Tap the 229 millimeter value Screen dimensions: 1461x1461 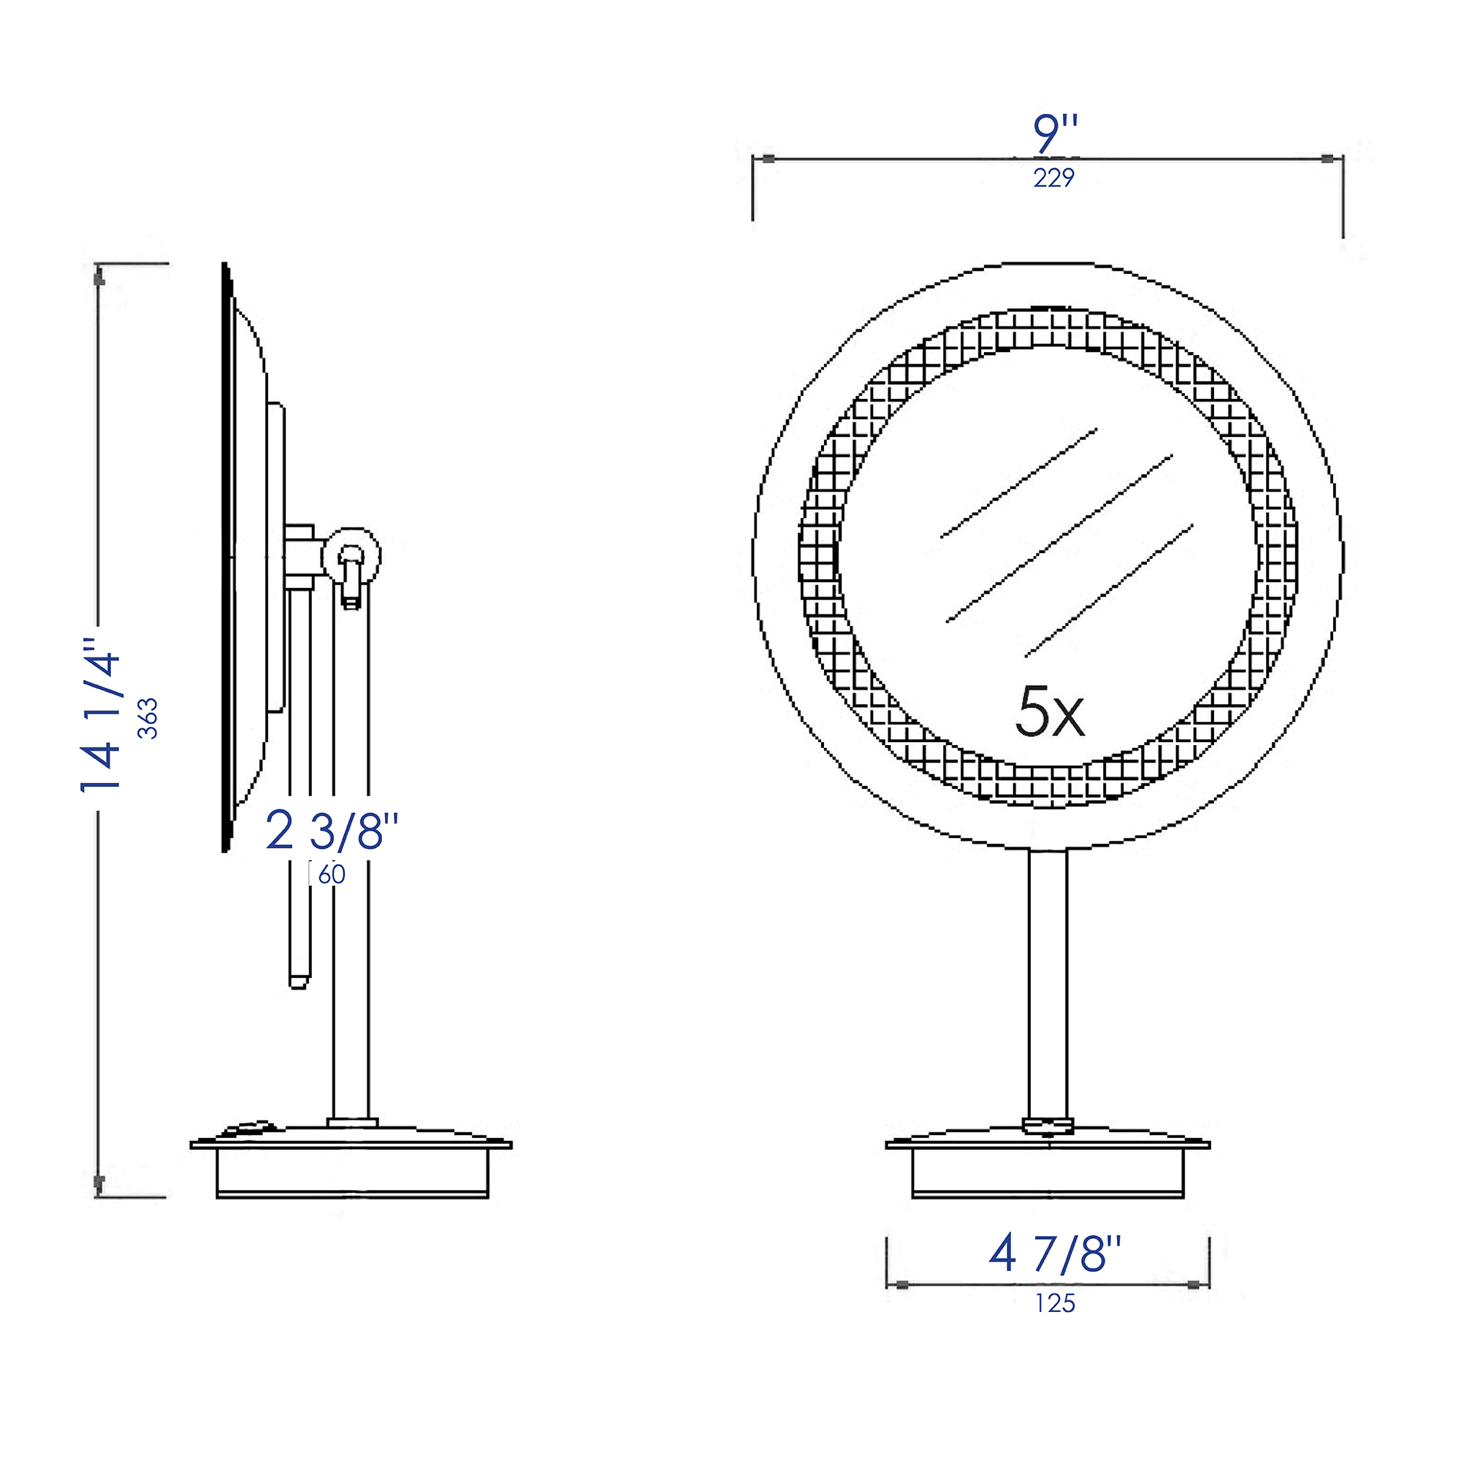click(x=1053, y=178)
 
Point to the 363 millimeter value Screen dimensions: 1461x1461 click(x=148, y=718)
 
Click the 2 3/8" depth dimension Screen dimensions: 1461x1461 click(x=331, y=831)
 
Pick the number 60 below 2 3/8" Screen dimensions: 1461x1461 click(x=331, y=875)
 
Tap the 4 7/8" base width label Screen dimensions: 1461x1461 click(x=1054, y=1254)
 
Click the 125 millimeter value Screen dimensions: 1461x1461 click(x=1055, y=1304)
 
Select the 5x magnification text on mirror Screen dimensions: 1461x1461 click(x=1049, y=712)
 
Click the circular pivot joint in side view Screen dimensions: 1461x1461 click(x=351, y=556)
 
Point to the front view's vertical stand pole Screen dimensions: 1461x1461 click(x=1048, y=983)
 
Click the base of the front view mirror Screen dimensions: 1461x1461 click(x=1048, y=1167)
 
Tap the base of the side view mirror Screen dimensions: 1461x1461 click(x=351, y=1169)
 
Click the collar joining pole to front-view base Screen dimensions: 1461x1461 click(x=1048, y=1126)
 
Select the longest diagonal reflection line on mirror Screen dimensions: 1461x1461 click(x=1058, y=538)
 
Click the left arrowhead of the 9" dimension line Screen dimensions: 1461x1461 click(x=768, y=159)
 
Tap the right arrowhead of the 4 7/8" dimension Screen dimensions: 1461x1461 click(x=1194, y=1285)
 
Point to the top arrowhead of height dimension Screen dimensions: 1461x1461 click(x=99, y=278)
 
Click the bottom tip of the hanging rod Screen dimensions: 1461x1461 click(x=299, y=984)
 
